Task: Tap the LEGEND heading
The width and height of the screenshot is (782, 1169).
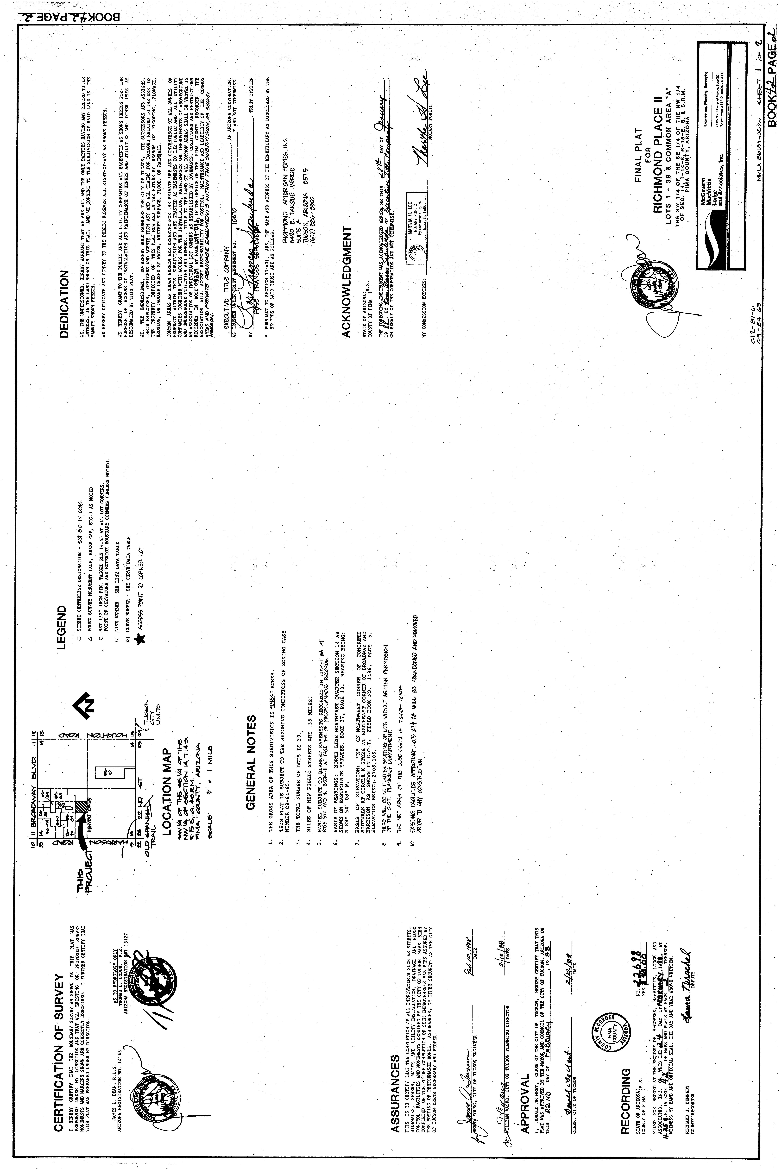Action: (x=62, y=627)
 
